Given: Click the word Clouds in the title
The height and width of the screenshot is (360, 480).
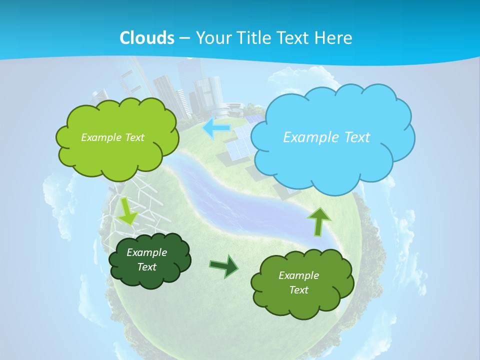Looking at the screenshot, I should (x=147, y=38).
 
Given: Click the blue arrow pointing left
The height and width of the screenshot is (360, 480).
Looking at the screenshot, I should (x=216, y=128).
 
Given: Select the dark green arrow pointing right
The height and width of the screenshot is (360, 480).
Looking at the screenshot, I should (x=223, y=266).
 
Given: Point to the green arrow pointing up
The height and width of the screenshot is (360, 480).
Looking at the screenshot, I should (x=319, y=220).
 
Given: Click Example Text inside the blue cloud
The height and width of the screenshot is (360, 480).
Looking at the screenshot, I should (x=326, y=137).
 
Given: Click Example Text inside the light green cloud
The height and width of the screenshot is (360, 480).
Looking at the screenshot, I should (x=112, y=137).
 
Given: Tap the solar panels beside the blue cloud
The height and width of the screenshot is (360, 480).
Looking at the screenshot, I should (x=240, y=145).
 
